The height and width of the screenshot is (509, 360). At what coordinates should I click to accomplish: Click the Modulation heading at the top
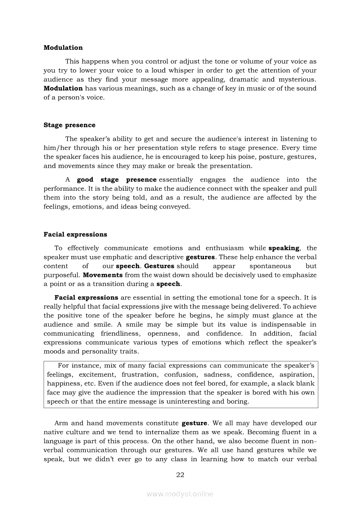click(x=63, y=47)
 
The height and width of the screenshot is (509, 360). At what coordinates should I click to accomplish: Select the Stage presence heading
click(x=69, y=125)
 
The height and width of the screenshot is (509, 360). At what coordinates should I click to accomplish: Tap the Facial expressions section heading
click(x=75, y=234)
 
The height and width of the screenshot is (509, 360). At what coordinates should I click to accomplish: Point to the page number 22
click(x=180, y=475)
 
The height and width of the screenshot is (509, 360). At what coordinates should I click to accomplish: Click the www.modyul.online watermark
click(x=180, y=494)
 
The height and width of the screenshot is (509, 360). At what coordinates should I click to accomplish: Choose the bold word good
click(x=85, y=179)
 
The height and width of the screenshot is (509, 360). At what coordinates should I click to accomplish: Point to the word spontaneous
click(x=270, y=266)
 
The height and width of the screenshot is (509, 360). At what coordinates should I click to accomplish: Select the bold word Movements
click(x=102, y=275)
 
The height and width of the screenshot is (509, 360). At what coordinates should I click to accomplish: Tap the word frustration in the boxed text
click(x=140, y=374)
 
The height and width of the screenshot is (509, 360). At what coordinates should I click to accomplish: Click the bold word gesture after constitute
click(x=194, y=423)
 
